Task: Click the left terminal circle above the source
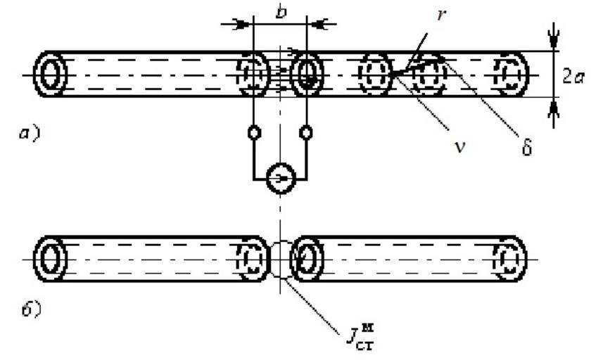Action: click(x=253, y=131)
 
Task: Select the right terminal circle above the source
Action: click(x=307, y=131)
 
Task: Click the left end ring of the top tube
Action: click(x=50, y=74)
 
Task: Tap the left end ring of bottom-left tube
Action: click(x=50, y=258)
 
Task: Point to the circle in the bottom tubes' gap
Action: click(x=280, y=258)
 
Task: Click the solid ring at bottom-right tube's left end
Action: click(x=306, y=258)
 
